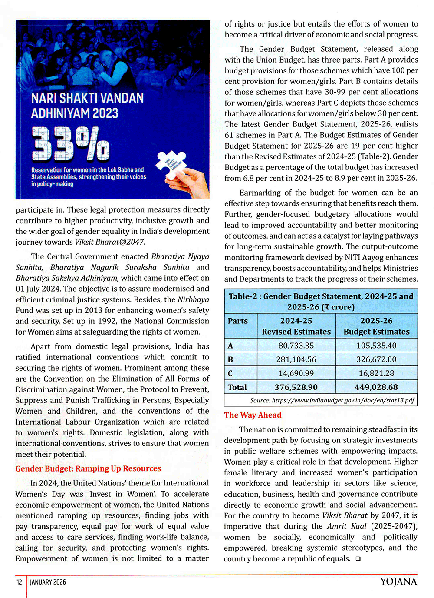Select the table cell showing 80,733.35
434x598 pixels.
coord(296,346)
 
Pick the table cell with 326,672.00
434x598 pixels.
coord(376,359)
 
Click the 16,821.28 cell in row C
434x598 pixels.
coord(376,373)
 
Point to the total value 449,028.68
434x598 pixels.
coord(376,387)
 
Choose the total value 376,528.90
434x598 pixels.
coord(296,387)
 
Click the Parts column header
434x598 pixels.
coord(238,321)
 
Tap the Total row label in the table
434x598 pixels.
coord(237,387)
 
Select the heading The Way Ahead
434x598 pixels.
coord(253,415)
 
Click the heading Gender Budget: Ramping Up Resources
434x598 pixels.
coord(88,468)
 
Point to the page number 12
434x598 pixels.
coord(19,582)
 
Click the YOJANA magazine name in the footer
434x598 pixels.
coord(398,582)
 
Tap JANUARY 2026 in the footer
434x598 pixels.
coord(48,582)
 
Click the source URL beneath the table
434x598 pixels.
coord(332,400)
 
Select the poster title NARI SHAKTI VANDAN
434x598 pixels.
coord(87,98)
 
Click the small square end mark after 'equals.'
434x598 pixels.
coord(358,559)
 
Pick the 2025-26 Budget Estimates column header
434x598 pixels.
coord(376,326)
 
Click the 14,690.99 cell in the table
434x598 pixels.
coord(296,373)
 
